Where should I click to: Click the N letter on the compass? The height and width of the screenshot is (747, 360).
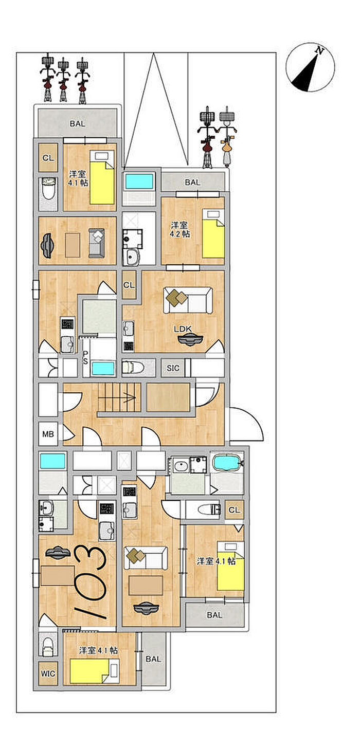(x=320, y=51)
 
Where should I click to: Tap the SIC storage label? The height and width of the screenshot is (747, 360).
(x=173, y=368)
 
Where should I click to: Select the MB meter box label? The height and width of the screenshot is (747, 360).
(x=48, y=434)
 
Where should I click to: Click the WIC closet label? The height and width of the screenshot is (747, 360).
(x=48, y=673)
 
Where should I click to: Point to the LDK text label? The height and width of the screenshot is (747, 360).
(x=183, y=329)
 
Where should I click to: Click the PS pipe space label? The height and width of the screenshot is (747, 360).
(x=86, y=357)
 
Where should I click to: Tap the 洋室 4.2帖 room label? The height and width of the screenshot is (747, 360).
(x=180, y=229)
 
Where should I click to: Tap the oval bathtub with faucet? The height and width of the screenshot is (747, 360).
(x=227, y=463)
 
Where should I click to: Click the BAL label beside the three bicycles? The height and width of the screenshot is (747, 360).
(x=78, y=124)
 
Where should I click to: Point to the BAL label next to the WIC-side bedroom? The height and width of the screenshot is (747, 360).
(x=153, y=659)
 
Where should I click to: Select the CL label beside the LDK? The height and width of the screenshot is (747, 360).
(x=129, y=285)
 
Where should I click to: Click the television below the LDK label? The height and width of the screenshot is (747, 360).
(x=189, y=340)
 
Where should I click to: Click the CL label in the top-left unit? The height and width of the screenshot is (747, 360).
(x=48, y=158)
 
